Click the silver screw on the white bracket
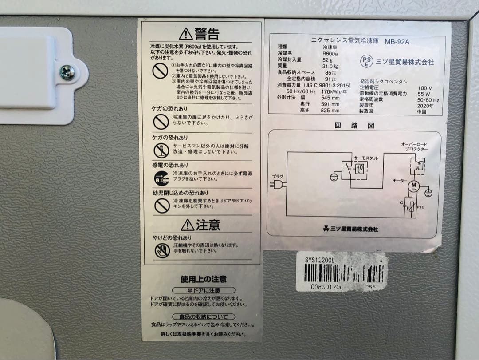tap(67, 72)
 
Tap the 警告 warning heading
tap(200, 33)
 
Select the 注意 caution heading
tap(200, 225)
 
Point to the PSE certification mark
tap(367, 61)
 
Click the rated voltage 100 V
tap(424, 88)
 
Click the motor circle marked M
tap(413, 185)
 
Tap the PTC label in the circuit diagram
tap(421, 207)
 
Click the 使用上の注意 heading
tap(204, 279)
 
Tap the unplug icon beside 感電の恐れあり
tap(161, 178)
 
